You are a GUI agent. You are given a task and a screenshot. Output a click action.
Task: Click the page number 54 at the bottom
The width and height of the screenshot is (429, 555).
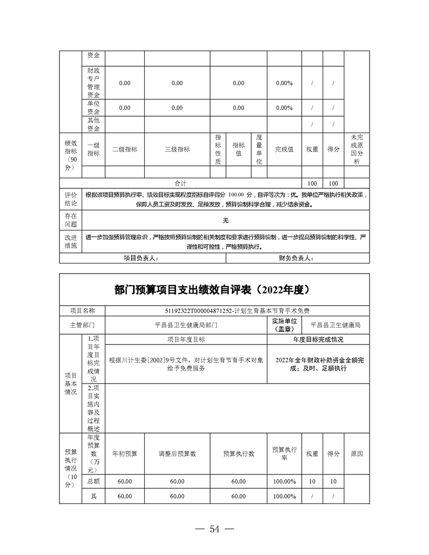pos(214,529)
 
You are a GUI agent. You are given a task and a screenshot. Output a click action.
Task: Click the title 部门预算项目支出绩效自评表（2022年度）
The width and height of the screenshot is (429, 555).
pos(214,290)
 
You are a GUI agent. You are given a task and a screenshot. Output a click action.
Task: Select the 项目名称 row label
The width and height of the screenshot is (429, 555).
pos(83,311)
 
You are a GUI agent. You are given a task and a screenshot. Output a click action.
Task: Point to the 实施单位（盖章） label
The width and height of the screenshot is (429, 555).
pos(284,325)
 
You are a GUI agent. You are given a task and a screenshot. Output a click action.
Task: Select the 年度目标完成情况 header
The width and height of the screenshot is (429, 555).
pos(318,340)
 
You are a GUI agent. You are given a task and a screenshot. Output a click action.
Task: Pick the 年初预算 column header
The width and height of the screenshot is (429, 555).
pos(125,454)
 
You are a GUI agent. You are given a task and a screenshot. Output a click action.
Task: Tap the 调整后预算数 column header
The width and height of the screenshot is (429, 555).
pos(177,454)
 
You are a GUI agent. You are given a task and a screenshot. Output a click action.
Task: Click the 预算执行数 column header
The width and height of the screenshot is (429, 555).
pos(238,454)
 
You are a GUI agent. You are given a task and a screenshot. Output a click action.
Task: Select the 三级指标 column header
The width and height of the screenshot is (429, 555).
pos(177,149)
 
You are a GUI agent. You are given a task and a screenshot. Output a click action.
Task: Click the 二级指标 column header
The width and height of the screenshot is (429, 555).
pos(125,149)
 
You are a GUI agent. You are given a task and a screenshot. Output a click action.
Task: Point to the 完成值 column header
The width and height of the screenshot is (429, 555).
pos(284,149)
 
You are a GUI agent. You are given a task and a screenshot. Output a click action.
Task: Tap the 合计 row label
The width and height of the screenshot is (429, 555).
pos(181,184)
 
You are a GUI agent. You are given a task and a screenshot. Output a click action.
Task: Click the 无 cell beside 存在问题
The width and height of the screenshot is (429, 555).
pos(226,220)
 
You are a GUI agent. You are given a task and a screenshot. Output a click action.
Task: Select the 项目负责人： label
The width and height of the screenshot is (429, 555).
pos(141,258)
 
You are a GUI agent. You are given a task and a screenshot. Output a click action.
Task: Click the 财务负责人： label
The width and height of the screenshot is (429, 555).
pos(296,258)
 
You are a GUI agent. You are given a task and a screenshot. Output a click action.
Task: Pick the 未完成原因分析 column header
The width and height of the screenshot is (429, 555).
pos(356,149)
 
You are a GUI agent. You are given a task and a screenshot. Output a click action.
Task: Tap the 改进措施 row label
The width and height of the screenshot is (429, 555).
pos(71,241)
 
